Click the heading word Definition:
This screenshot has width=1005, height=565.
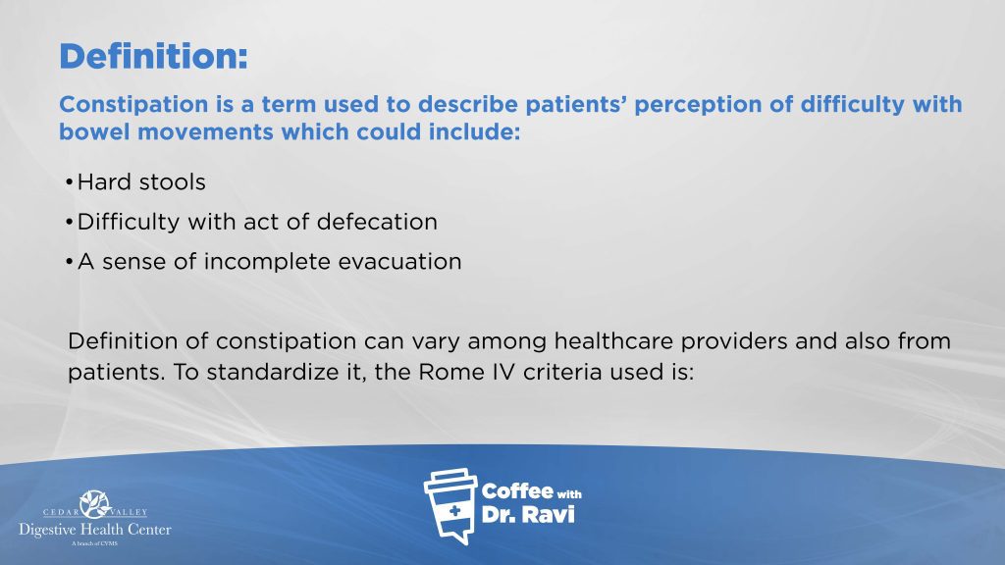click(x=153, y=56)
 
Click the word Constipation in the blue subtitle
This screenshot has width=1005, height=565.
click(x=133, y=104)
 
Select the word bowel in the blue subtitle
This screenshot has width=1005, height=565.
click(x=94, y=132)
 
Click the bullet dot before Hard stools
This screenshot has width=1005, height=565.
click(x=69, y=183)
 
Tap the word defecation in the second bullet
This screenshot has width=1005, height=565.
click(x=377, y=222)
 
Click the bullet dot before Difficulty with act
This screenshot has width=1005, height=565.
click(x=69, y=223)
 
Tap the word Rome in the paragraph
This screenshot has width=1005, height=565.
click(x=447, y=372)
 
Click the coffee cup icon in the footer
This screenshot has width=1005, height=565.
click(x=450, y=506)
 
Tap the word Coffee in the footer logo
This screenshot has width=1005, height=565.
click(x=517, y=491)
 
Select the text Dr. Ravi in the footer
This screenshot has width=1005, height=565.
click(x=528, y=515)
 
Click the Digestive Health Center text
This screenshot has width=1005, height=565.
click(x=95, y=530)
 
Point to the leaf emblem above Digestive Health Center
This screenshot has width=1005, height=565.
click(x=95, y=504)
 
